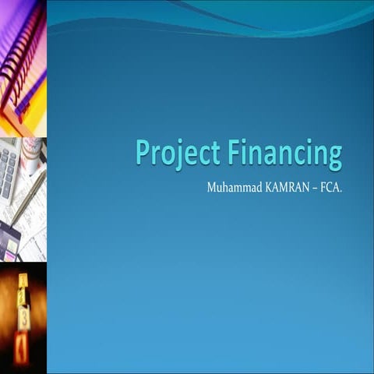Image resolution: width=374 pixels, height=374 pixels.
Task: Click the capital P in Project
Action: (x=141, y=152)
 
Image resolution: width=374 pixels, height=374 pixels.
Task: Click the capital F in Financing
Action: (x=235, y=152)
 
